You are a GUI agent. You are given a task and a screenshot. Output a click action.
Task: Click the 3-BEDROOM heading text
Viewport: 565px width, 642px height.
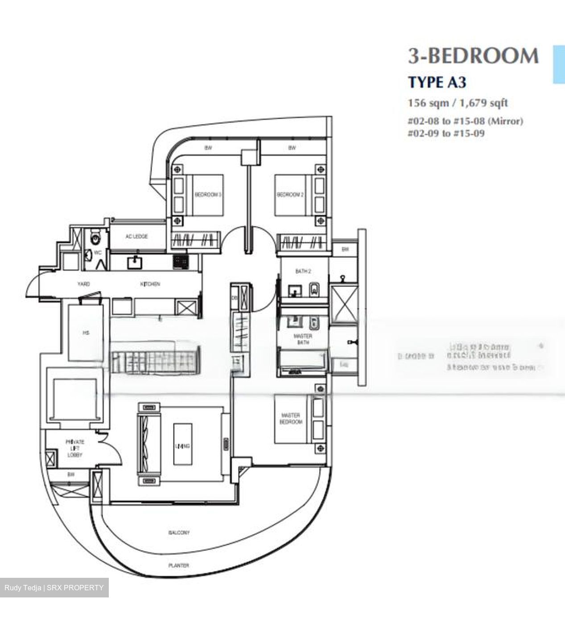tap(473, 56)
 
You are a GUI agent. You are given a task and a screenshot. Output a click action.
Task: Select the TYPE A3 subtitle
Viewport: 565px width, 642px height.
tap(431, 82)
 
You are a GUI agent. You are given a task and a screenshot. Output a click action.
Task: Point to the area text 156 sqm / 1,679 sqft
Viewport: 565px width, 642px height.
tap(458, 103)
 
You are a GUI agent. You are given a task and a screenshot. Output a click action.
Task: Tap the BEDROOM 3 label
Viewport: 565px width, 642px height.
tap(208, 195)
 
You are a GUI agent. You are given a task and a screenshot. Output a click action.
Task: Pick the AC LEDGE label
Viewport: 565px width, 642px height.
tap(136, 236)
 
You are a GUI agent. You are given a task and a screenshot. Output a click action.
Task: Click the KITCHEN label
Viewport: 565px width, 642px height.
tap(150, 284)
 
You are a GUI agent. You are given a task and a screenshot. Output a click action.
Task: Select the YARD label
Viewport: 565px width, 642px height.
tap(83, 284)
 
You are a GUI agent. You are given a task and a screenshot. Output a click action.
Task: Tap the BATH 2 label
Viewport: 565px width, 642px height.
tap(303, 271)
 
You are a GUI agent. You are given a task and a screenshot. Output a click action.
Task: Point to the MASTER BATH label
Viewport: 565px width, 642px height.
tap(303, 339)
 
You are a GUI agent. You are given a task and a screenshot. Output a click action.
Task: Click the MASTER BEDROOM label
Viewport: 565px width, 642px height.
tap(291, 418)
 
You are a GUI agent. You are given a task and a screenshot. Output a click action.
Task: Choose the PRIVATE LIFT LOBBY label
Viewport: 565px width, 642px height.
tap(75, 448)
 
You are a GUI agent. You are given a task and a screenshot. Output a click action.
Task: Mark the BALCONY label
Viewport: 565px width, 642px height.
tap(179, 532)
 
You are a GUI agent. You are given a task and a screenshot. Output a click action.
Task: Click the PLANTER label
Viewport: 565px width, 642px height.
tap(178, 565)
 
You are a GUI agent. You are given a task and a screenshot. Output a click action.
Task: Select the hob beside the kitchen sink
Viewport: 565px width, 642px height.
tap(180, 262)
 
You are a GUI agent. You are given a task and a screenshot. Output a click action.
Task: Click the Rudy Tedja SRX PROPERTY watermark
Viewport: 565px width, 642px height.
tap(54, 588)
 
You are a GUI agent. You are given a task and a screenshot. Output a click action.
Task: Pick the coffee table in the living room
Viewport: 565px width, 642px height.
tap(182, 445)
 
